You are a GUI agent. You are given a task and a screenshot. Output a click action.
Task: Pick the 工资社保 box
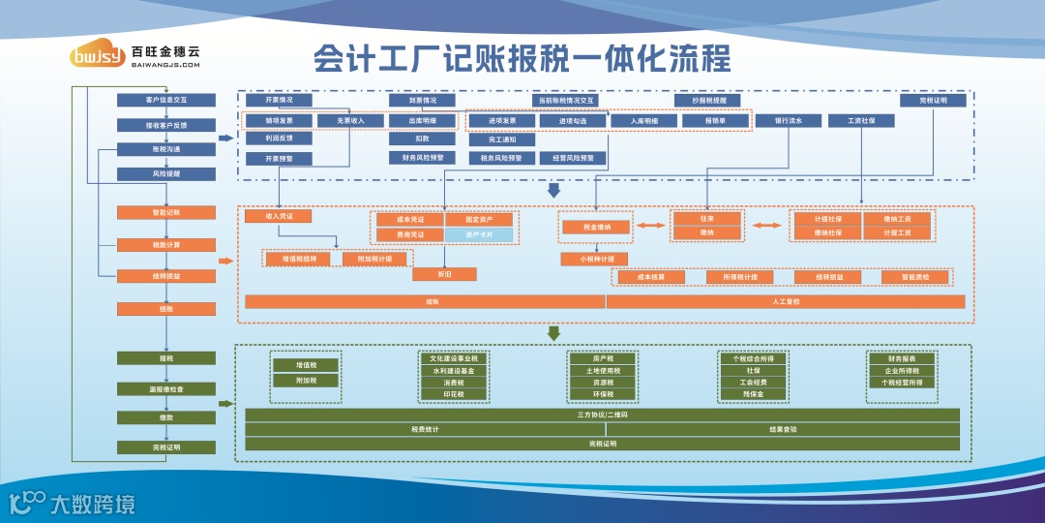[861, 121]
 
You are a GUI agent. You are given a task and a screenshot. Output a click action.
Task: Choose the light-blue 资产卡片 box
[479, 235]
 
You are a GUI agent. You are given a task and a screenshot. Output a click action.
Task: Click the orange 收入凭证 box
[278, 216]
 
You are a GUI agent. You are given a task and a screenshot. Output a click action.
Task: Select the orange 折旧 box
[445, 274]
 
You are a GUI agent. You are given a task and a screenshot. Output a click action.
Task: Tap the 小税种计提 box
[595, 259]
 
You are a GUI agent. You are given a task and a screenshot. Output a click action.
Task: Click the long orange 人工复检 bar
[786, 301]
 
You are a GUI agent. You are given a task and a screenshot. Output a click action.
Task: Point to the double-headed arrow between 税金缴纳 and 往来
[650, 226]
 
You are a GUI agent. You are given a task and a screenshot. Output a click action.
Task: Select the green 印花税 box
[455, 394]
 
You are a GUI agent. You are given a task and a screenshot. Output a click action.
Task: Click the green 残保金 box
[753, 394]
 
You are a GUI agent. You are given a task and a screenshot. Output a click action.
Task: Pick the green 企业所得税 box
[902, 370]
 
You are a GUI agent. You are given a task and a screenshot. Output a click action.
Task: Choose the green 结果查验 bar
[783, 429]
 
